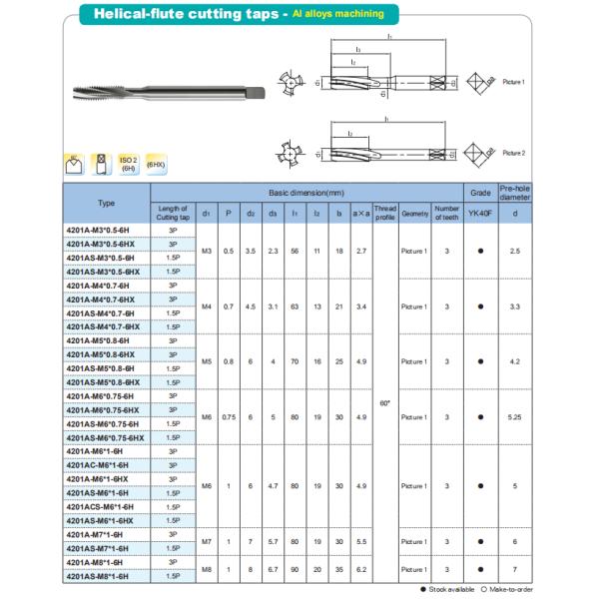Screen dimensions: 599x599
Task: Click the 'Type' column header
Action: pos(106,203)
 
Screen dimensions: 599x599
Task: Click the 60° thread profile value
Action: pos(385,403)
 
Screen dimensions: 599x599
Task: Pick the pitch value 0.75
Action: pos(229,416)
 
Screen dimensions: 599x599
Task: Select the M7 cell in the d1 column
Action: pos(206,541)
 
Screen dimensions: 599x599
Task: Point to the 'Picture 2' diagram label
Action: pos(514,153)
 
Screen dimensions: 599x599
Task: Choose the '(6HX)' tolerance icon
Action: pos(156,164)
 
